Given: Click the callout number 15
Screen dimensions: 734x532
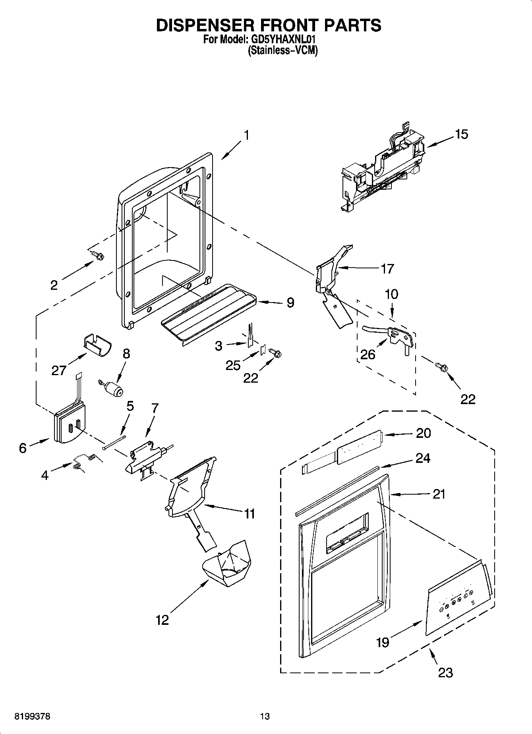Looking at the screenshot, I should coord(462,134).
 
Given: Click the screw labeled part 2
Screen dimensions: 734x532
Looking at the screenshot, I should coord(97,255).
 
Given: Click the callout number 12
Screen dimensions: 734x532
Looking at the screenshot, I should coord(162,620).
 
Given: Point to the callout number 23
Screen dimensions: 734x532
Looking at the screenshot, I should coord(445,672).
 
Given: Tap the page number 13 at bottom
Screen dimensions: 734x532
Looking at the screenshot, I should coord(265,716).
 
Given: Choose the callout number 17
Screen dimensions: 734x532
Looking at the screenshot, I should coord(387,269).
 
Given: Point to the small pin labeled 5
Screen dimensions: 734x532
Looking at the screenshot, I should coord(114,442).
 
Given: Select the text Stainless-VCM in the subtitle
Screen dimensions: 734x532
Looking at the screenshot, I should coord(282,51).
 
